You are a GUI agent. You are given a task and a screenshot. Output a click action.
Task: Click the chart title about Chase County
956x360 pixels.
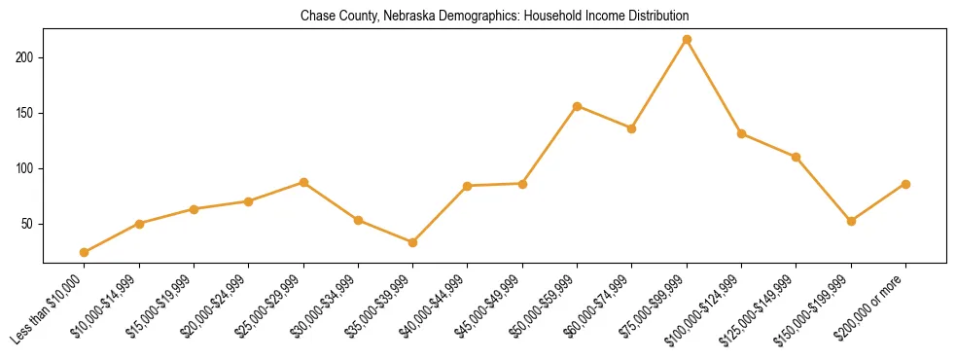(x=494, y=17)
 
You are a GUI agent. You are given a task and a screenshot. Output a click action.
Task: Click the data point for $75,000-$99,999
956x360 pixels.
(x=687, y=39)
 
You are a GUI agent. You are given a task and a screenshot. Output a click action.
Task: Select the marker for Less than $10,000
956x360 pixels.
(x=85, y=252)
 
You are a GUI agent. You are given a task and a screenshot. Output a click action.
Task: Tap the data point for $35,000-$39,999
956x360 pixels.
(x=412, y=242)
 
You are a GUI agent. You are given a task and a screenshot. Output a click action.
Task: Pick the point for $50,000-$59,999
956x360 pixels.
(x=577, y=106)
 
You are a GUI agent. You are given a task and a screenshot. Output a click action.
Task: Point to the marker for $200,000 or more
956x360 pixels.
(x=905, y=184)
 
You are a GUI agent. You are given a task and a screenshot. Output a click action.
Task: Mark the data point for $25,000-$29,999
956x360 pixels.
(x=303, y=182)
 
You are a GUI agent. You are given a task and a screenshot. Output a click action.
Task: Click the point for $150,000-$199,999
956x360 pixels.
(x=851, y=221)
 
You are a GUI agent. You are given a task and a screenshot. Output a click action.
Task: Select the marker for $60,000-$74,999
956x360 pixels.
(x=632, y=128)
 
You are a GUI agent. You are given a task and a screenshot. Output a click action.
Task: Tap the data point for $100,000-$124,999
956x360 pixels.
(x=741, y=133)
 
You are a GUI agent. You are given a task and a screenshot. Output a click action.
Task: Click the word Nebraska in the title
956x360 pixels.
(x=396, y=17)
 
